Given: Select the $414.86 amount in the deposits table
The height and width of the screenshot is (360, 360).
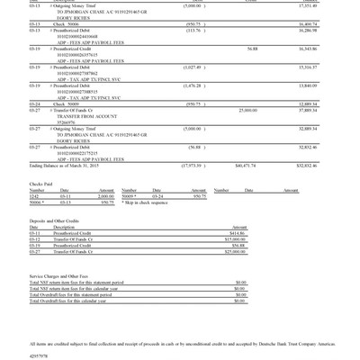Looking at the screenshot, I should [x=238, y=233].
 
